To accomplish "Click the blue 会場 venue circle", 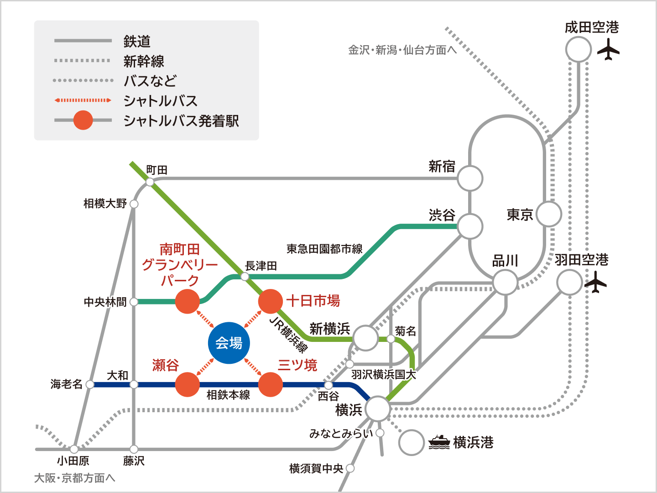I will [229, 343].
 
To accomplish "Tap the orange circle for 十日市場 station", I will [270, 301].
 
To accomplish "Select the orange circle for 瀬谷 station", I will [188, 384].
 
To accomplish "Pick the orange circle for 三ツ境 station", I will [271, 384].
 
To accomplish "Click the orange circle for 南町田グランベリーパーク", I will [188, 301].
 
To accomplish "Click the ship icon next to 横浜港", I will [439, 442].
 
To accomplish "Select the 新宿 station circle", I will [470, 178].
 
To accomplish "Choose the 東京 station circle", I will [549, 214].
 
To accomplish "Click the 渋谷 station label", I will [442, 215].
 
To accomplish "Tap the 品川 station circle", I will [505, 282].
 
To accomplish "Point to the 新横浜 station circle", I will [365, 338].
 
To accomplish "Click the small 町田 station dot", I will [150, 182].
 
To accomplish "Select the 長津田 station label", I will [261, 266].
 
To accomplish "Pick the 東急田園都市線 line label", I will [324, 249].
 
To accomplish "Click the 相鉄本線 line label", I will [228, 395].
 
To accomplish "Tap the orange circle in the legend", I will [83, 121].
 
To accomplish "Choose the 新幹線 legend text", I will [144, 61].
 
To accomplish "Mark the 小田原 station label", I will [73, 461].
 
